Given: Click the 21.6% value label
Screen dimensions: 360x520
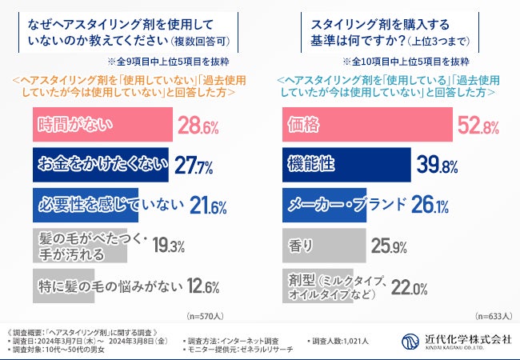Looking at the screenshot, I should tap(210, 206).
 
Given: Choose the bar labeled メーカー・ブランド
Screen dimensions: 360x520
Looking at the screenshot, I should tap(337, 205).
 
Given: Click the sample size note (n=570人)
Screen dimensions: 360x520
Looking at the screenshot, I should tap(206, 316).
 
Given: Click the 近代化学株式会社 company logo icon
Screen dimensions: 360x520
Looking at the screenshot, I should tap(410, 341).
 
